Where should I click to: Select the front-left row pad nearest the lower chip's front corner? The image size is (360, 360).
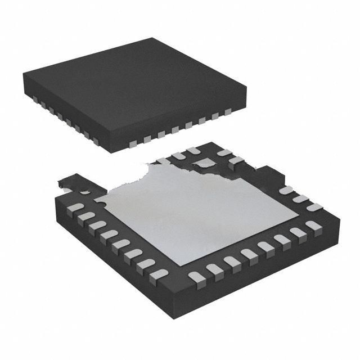click(x=160, y=274)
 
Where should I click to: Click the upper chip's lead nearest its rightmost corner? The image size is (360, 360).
click(x=228, y=112)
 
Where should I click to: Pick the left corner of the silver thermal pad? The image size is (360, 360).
click(x=96, y=199)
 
